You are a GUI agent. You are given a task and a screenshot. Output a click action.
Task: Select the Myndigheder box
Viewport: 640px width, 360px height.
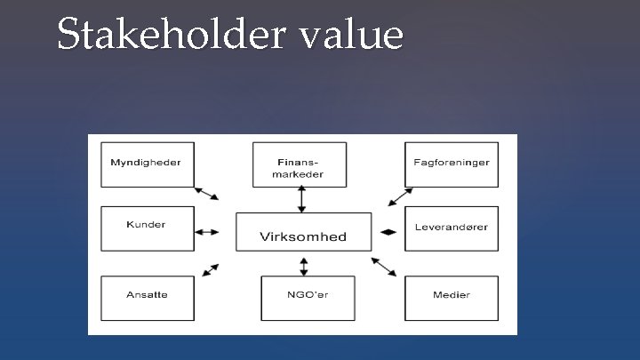click(147, 164)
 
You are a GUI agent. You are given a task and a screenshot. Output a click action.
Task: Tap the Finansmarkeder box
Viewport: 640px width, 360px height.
click(302, 164)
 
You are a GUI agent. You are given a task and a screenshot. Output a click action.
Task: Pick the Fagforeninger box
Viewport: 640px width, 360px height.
click(452, 164)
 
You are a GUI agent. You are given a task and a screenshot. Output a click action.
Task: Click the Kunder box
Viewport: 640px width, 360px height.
click(147, 228)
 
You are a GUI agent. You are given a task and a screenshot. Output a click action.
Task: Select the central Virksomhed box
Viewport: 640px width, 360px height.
click(302, 231)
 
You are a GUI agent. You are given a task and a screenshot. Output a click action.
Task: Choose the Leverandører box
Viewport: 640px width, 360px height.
click(452, 228)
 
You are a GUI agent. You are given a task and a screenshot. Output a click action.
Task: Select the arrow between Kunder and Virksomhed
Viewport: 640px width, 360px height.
click(206, 232)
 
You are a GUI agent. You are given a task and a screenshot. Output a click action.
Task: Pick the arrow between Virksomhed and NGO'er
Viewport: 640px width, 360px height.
click(304, 265)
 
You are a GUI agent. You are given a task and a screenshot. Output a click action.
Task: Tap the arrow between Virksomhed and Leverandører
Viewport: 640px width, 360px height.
click(388, 232)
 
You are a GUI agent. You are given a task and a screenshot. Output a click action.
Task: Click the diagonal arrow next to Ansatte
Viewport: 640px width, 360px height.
click(212, 268)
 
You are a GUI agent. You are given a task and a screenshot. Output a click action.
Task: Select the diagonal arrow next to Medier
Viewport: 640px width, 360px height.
click(384, 266)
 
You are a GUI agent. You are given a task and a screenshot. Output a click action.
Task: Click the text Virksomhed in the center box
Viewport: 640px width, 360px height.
click(302, 236)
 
